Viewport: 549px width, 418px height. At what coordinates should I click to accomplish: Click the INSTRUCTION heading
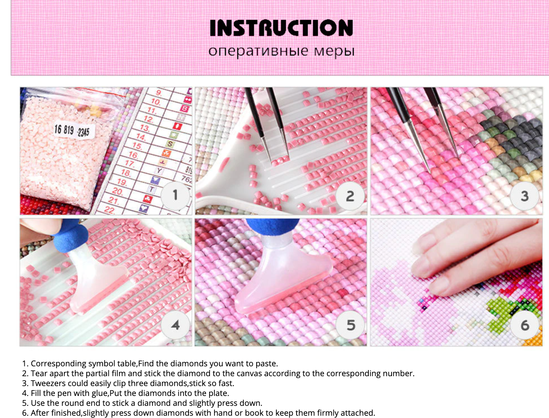click(x=281, y=28)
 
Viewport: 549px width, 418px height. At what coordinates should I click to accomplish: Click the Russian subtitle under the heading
click(x=281, y=51)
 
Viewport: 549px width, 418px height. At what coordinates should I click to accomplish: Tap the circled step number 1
click(x=175, y=195)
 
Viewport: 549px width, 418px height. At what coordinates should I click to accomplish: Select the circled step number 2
click(x=350, y=196)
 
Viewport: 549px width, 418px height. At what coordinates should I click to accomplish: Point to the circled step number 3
click(x=525, y=196)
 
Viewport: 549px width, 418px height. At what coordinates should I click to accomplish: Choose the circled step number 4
click(x=175, y=325)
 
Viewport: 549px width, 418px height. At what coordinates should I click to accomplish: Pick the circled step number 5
click(x=351, y=325)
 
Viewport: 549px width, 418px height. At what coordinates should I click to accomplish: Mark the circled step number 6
click(x=525, y=325)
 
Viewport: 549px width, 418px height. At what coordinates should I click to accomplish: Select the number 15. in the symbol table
click(x=137, y=146)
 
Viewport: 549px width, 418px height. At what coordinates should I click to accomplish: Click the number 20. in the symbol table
click(x=117, y=192)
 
